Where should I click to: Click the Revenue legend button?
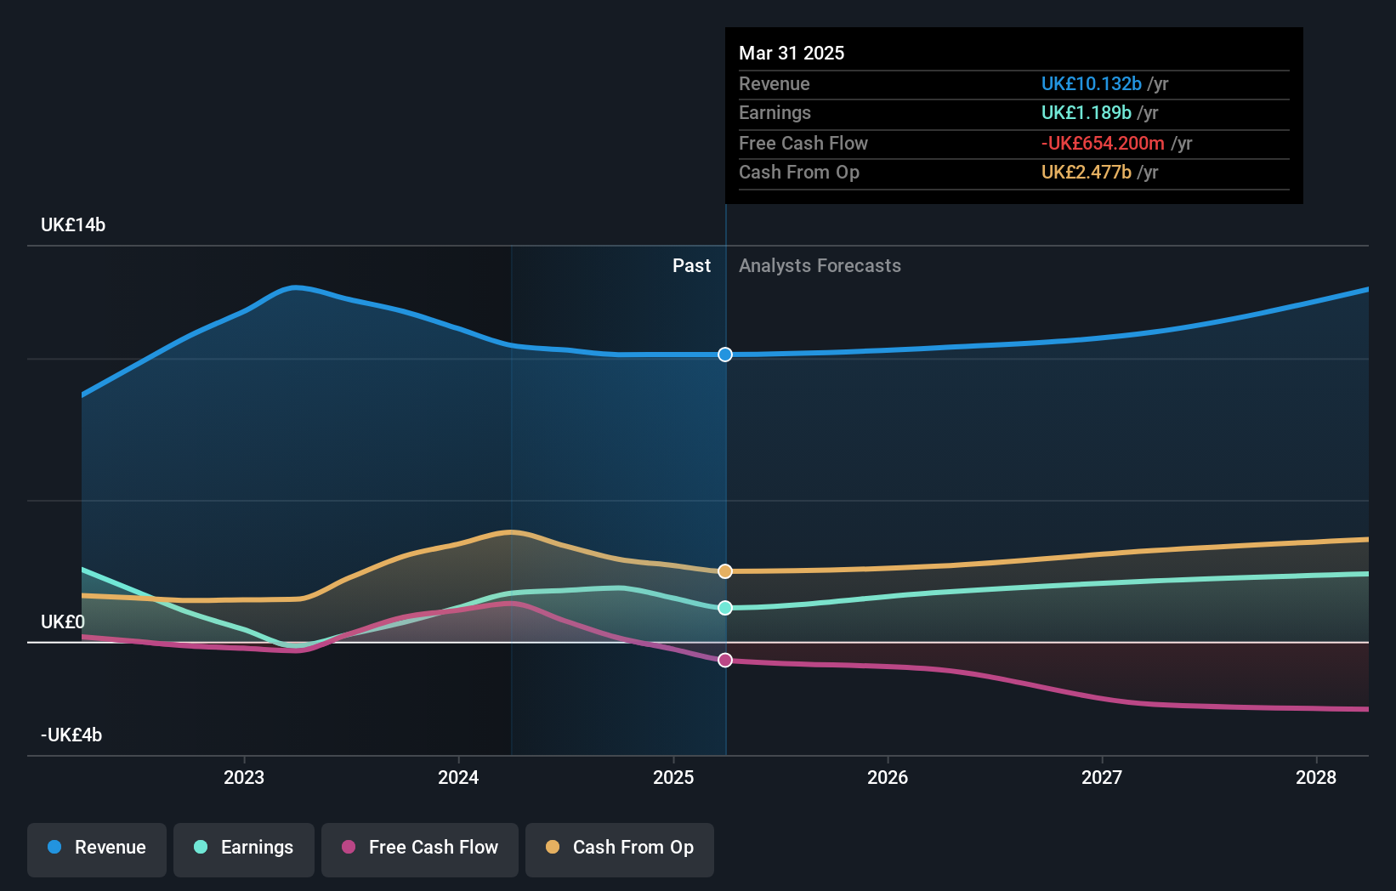tap(97, 848)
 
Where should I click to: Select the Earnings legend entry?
tap(244, 848)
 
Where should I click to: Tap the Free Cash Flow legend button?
tap(420, 848)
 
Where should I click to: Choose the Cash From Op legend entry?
tap(620, 848)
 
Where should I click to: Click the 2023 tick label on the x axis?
tap(244, 777)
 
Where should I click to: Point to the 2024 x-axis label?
tap(458, 777)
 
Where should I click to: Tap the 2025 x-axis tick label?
tap(673, 777)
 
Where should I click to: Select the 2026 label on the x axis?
tap(888, 777)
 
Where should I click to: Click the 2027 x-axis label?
tap(1102, 777)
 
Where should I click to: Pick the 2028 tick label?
tap(1316, 777)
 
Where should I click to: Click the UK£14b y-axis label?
tap(73, 225)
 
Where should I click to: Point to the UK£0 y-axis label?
tap(63, 622)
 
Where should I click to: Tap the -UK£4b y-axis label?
tap(71, 735)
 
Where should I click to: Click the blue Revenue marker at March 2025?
tap(725, 355)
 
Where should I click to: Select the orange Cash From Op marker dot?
tap(725, 571)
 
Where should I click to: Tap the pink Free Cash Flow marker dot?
tap(725, 661)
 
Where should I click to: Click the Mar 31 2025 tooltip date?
tap(792, 53)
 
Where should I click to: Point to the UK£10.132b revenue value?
tap(1091, 83)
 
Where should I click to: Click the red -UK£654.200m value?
tap(1103, 143)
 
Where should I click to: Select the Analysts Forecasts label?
tap(820, 266)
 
